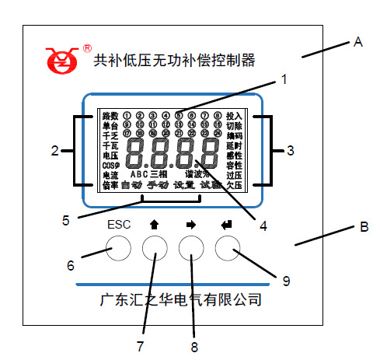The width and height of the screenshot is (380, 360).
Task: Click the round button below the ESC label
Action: (x=118, y=248)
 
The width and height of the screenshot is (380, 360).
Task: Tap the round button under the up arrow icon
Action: (x=155, y=248)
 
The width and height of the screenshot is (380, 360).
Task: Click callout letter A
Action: (x=358, y=42)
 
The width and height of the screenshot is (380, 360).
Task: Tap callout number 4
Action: (x=263, y=226)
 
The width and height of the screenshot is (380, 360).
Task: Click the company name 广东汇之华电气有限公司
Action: (x=181, y=299)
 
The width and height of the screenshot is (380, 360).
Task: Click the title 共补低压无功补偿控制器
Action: (x=174, y=58)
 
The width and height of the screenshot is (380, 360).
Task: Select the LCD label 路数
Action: (x=110, y=115)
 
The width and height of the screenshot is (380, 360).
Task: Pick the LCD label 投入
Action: (x=234, y=115)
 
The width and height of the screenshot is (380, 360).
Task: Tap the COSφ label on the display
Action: (x=110, y=166)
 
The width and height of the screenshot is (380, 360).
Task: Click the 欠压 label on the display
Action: (x=234, y=186)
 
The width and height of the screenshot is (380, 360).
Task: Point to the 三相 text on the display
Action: (x=159, y=174)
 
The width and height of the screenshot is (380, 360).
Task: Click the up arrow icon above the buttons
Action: (x=155, y=225)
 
